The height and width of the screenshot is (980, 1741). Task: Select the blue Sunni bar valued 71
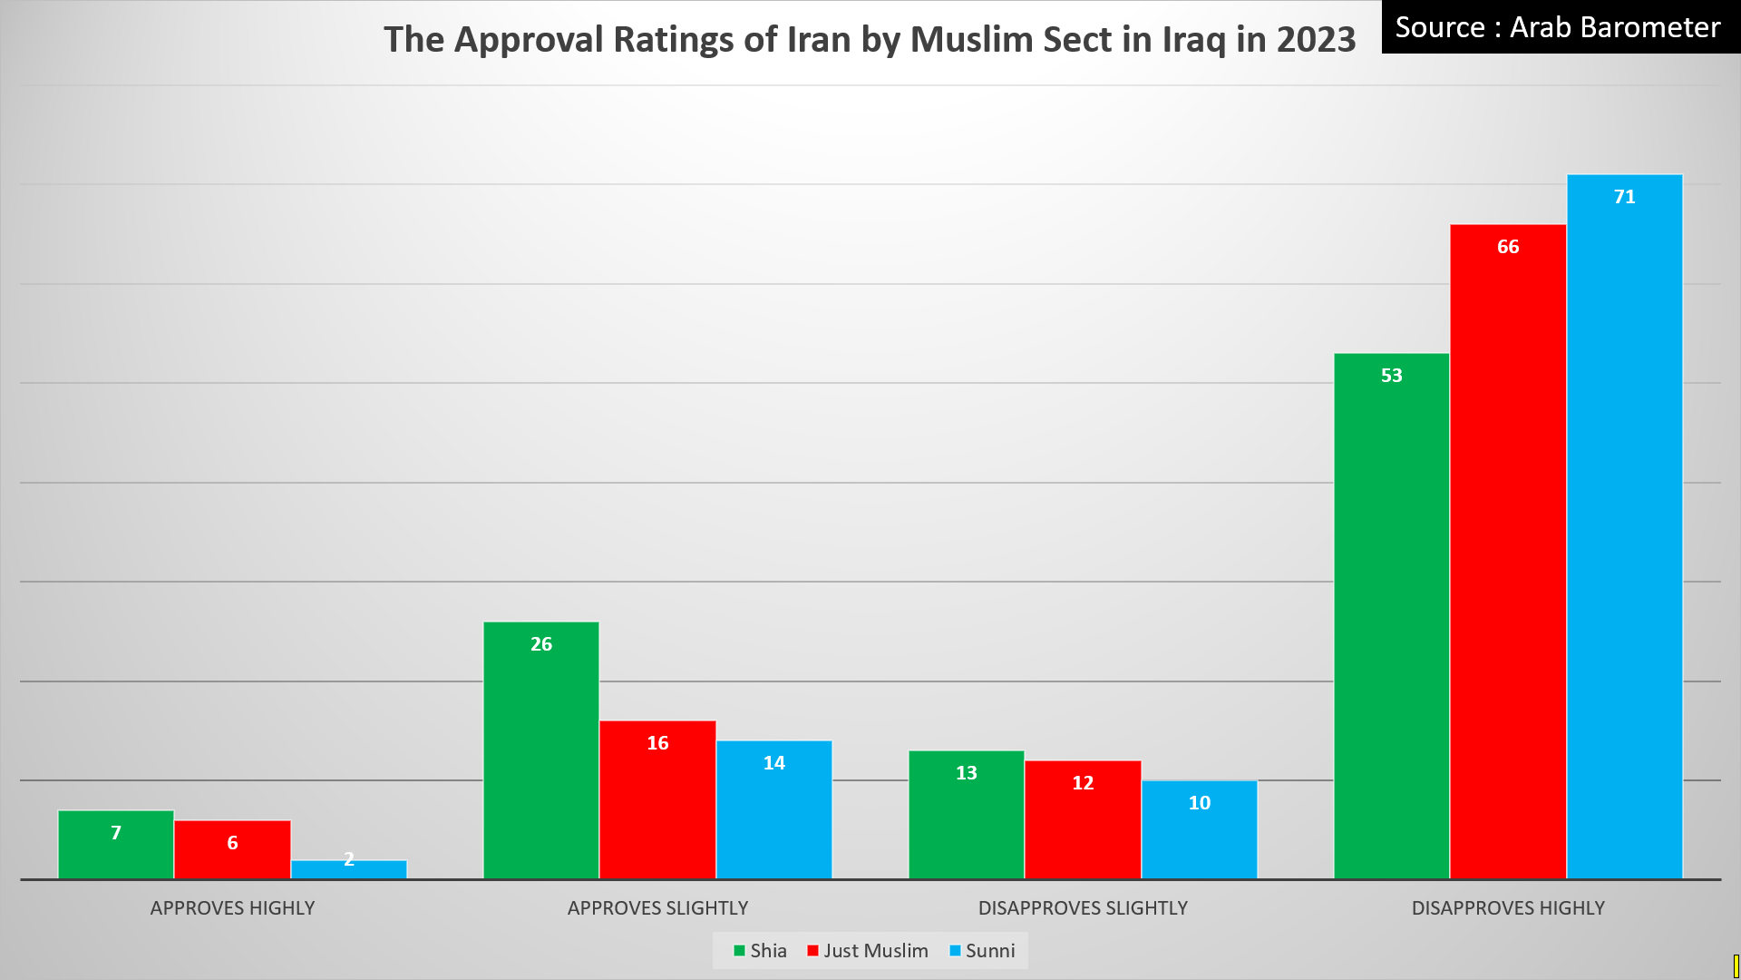pos(1624,526)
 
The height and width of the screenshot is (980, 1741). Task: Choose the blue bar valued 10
pos(1199,829)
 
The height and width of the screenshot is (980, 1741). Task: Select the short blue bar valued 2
pos(349,869)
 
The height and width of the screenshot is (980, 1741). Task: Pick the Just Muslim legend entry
pos(868,951)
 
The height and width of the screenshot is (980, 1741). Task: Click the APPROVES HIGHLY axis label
pos(232,908)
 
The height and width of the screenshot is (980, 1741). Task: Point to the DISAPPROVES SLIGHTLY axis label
pos(1083,908)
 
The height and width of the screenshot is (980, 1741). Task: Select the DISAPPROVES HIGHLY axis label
pos(1508,908)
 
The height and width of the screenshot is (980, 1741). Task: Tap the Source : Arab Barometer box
pos(1558,27)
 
